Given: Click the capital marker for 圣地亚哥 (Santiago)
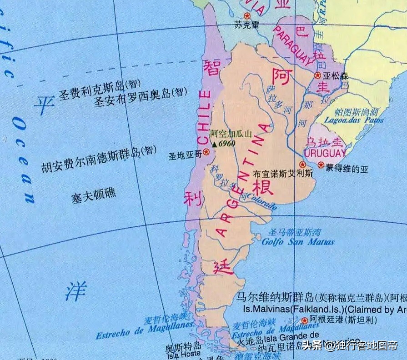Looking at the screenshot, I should click(x=206, y=152).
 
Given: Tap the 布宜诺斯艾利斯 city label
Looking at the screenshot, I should click(x=283, y=174).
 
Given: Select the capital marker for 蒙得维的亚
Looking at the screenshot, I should click(x=321, y=165).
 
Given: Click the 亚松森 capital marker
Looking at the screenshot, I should click(x=317, y=75).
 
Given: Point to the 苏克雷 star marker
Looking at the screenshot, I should click(x=247, y=16).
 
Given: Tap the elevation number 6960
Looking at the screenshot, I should click(x=226, y=144).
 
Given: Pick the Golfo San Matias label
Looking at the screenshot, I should click(x=298, y=242).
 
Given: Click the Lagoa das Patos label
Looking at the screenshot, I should click(x=353, y=120).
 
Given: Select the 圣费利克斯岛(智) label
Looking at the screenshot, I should click(x=100, y=84).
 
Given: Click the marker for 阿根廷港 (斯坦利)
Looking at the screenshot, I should click(x=305, y=320).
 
